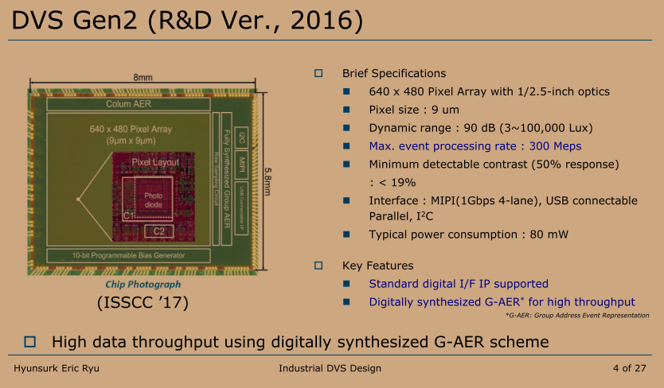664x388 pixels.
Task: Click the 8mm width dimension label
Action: (143, 77)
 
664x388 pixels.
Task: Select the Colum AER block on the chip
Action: (128, 104)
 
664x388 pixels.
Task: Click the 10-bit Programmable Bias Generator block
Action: (128, 256)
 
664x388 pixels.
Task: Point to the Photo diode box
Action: (153, 200)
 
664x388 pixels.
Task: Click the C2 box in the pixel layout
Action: (159, 231)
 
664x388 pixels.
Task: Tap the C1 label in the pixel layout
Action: (129, 215)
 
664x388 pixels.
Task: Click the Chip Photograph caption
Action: (143, 284)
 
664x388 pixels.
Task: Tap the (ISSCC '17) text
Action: (143, 304)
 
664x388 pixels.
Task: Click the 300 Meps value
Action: (557, 146)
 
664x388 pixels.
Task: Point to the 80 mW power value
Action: (552, 235)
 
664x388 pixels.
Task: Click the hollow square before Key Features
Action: (319, 265)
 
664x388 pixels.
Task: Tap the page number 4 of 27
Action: (630, 368)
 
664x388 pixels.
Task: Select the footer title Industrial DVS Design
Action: (330, 368)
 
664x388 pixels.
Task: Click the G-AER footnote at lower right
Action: (577, 316)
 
